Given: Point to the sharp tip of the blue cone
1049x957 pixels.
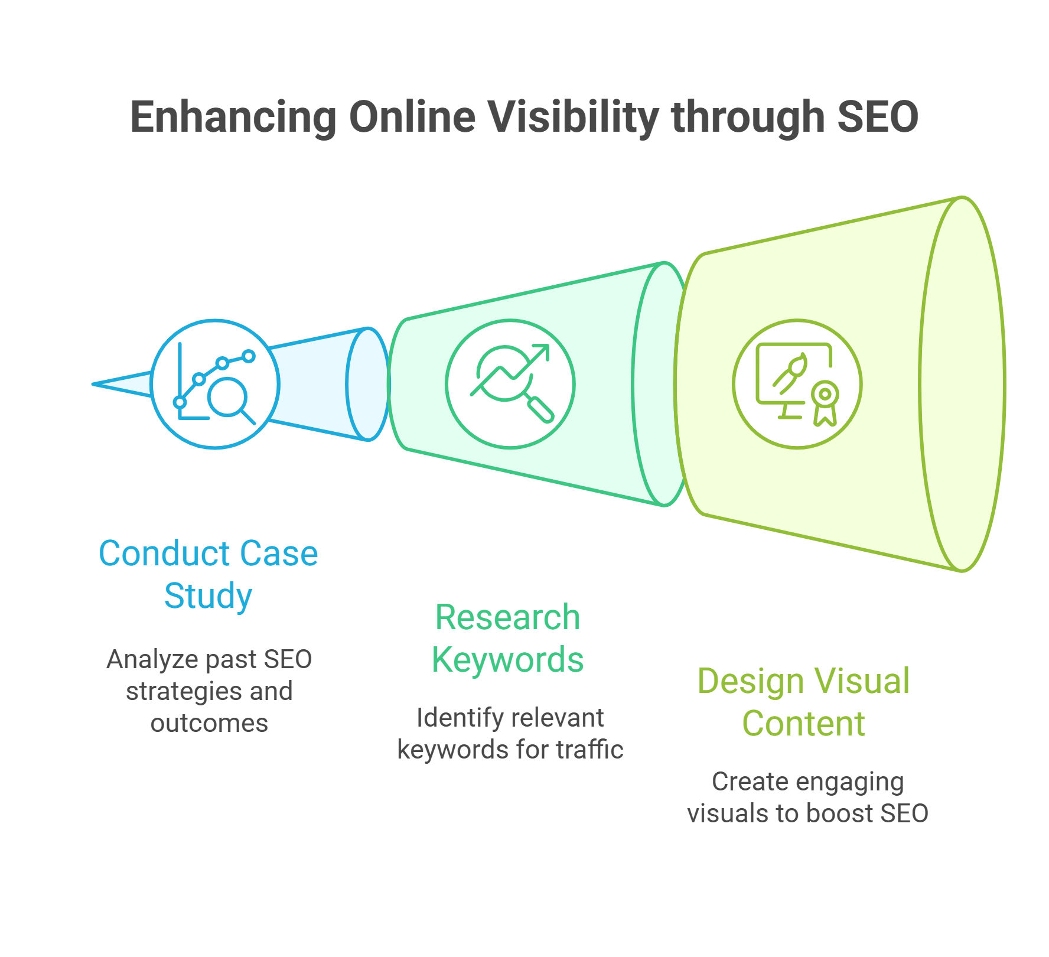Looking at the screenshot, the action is pos(93,384).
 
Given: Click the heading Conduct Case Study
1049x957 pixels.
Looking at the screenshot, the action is pos(209,574).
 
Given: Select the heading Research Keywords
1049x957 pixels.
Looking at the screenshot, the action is pos(508,638).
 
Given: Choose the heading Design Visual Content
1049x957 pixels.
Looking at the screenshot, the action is pos(804,702).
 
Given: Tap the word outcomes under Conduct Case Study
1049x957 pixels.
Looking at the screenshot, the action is pos(209,723).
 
